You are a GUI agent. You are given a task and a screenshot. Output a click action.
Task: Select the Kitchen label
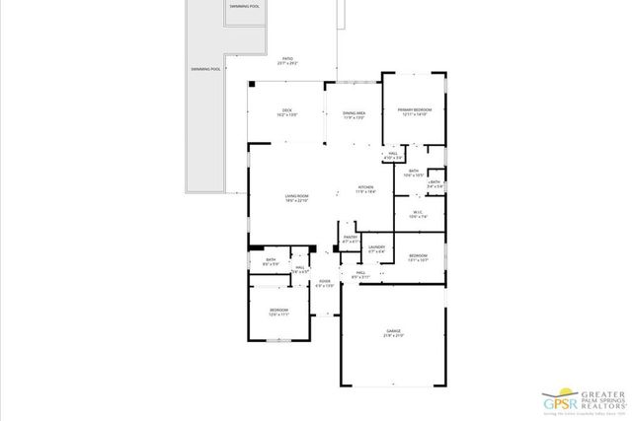[x=366, y=189]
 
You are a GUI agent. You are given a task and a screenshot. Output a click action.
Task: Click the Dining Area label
[x=354, y=114]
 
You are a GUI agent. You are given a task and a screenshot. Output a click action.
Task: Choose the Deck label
[x=286, y=111]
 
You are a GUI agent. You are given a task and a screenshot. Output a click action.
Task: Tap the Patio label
[x=288, y=59]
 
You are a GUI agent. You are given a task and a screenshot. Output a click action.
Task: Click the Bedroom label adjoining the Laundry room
[x=418, y=257]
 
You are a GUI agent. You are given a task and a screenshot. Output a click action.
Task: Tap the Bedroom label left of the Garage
[x=278, y=313]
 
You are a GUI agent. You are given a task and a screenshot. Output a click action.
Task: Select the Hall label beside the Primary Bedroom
[x=392, y=155]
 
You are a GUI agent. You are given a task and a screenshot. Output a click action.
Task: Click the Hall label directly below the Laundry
[x=360, y=275]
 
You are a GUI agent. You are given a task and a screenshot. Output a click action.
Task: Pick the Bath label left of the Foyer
[x=270, y=262]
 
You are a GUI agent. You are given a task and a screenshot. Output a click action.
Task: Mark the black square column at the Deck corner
[x=252, y=85]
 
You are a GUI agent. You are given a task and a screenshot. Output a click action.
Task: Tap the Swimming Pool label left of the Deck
[x=205, y=70]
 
